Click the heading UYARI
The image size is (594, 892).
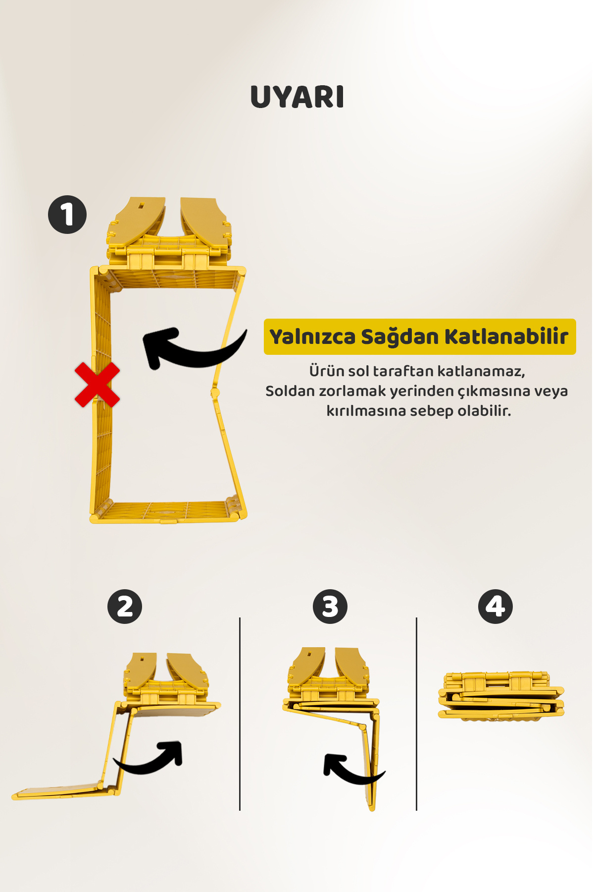click(297, 97)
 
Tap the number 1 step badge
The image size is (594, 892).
click(67, 215)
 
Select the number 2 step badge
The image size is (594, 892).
click(125, 607)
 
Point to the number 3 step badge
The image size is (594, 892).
click(330, 607)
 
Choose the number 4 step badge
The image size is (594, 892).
click(495, 607)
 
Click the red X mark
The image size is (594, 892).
click(97, 385)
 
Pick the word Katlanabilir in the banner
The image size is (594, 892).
click(506, 336)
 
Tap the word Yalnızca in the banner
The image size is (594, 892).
click(312, 337)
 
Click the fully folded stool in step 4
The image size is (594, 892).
click(501, 696)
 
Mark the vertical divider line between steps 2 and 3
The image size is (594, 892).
click(240, 714)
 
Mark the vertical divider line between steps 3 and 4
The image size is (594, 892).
click(417, 714)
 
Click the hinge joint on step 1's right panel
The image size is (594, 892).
click(215, 393)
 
